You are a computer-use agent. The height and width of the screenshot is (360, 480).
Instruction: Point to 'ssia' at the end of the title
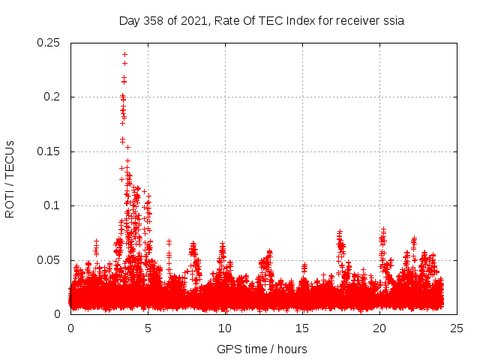click(392, 21)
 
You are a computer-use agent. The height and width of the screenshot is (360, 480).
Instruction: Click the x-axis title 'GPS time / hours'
click(262, 349)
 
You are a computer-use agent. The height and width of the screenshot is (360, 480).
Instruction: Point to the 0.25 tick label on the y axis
click(50, 43)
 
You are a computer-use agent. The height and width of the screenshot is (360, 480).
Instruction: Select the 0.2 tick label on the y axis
click(54, 97)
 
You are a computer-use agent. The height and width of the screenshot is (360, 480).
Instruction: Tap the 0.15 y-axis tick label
click(50, 151)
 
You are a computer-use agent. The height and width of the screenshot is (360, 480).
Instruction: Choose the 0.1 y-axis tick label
click(54, 205)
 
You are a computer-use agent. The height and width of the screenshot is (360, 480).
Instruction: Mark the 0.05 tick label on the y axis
click(50, 260)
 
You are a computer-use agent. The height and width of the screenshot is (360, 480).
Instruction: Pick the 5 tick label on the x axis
click(148, 328)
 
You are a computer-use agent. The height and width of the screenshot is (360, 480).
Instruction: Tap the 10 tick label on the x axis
click(225, 328)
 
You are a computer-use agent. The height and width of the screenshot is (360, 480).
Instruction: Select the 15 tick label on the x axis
click(302, 328)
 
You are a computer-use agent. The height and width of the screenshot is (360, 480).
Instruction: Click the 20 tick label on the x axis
click(379, 328)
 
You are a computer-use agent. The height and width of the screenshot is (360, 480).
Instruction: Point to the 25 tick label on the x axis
click(457, 328)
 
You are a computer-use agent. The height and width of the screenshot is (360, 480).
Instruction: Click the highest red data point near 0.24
click(124, 54)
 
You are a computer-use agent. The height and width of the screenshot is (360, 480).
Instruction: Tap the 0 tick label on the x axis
click(70, 328)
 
